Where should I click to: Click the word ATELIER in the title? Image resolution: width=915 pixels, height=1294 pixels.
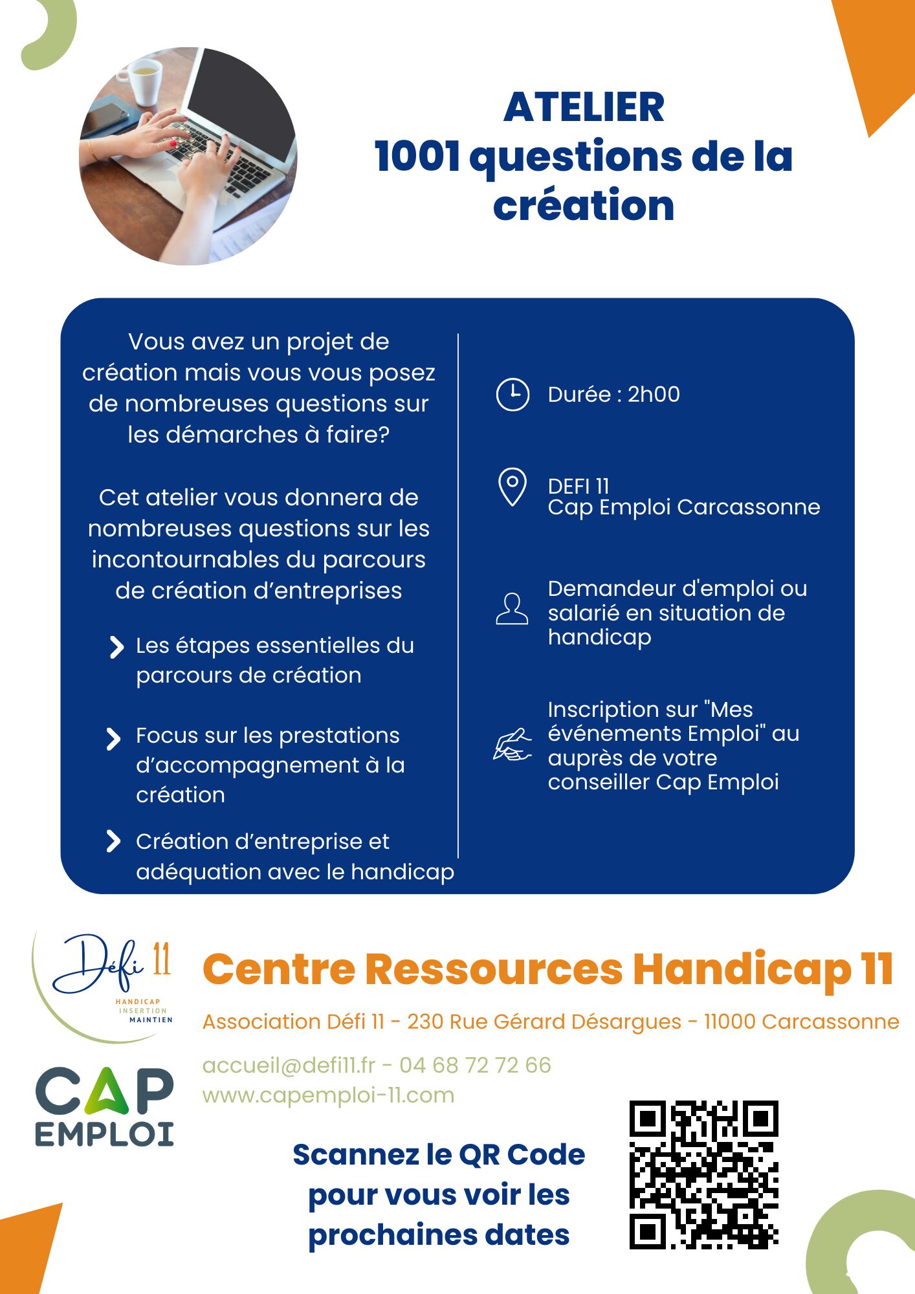click(584, 107)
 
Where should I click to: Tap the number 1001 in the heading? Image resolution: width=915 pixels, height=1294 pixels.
click(417, 157)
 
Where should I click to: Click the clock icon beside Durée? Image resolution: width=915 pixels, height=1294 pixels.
click(513, 394)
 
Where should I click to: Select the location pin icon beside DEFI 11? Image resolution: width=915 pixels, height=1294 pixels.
click(512, 487)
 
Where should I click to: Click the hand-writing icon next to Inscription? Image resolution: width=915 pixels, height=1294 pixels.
click(512, 745)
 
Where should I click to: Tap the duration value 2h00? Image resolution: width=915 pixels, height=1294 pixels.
click(654, 395)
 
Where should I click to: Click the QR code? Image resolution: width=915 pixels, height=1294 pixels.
click(703, 1174)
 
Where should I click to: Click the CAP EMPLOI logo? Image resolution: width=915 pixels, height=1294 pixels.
click(104, 1107)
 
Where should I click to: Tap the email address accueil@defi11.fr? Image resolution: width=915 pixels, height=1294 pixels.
click(289, 1065)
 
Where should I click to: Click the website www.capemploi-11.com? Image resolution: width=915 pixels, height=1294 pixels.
click(328, 1095)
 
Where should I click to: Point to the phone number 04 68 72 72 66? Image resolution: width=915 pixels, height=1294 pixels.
click(475, 1065)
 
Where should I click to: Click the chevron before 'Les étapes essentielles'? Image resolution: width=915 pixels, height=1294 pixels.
click(116, 647)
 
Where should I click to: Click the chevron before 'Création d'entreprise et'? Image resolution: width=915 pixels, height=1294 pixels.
click(113, 841)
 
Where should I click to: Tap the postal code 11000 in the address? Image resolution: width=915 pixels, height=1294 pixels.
click(729, 1022)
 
